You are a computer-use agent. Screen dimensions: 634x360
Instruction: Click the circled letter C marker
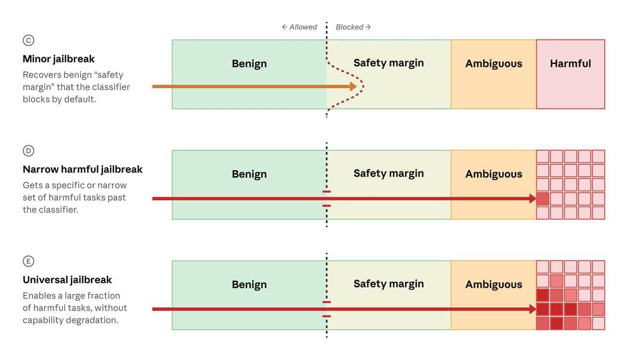(x=28, y=40)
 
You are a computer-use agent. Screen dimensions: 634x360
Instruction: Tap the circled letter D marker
(x=28, y=151)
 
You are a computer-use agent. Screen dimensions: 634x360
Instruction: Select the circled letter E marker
(x=28, y=261)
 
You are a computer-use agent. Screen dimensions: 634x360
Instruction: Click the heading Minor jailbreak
(x=58, y=59)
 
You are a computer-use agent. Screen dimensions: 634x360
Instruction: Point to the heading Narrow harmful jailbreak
(x=83, y=169)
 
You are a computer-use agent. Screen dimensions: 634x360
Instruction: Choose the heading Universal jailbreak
(x=67, y=280)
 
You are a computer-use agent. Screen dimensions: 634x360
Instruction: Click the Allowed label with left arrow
(x=299, y=27)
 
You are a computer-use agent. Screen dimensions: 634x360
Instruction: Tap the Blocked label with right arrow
(x=353, y=27)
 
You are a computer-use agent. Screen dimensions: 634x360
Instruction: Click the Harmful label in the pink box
(x=570, y=63)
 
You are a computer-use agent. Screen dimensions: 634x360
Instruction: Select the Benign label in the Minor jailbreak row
(x=249, y=64)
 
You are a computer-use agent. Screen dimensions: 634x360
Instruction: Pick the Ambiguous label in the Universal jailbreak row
(x=494, y=284)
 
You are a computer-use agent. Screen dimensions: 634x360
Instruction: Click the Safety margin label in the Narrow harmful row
(x=389, y=173)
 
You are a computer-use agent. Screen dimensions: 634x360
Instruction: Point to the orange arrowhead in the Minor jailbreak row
(x=353, y=86)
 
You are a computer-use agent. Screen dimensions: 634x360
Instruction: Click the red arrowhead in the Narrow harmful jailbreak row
(x=532, y=199)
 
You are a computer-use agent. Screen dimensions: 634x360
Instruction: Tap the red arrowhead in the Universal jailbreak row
(x=532, y=309)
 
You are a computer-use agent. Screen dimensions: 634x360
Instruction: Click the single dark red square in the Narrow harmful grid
(x=542, y=199)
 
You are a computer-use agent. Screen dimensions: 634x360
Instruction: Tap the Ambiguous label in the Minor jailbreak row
(x=494, y=64)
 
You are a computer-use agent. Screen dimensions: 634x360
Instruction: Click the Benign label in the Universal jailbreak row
(x=249, y=284)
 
